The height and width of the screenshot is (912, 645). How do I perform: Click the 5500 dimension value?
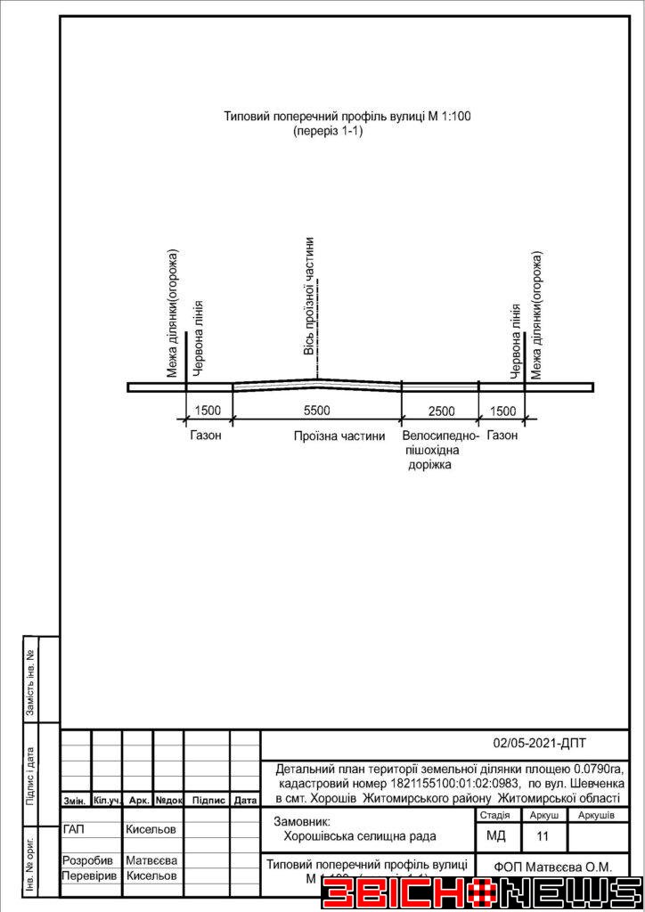click(x=316, y=411)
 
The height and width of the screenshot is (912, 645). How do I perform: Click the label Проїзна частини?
click(x=339, y=436)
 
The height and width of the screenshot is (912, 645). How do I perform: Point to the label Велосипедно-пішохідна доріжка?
click(x=440, y=451)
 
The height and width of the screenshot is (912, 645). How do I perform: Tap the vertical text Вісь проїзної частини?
click(x=309, y=296)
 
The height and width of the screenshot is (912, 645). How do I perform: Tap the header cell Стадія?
click(x=494, y=815)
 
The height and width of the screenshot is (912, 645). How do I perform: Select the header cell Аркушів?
click(x=596, y=815)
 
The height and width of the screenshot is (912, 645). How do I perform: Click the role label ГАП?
click(x=75, y=829)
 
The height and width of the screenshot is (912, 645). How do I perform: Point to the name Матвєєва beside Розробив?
click(x=151, y=861)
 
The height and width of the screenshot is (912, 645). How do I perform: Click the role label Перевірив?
click(x=89, y=875)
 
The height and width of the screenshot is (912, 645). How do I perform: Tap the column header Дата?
click(x=245, y=801)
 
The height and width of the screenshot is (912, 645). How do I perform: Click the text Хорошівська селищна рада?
click(x=360, y=836)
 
